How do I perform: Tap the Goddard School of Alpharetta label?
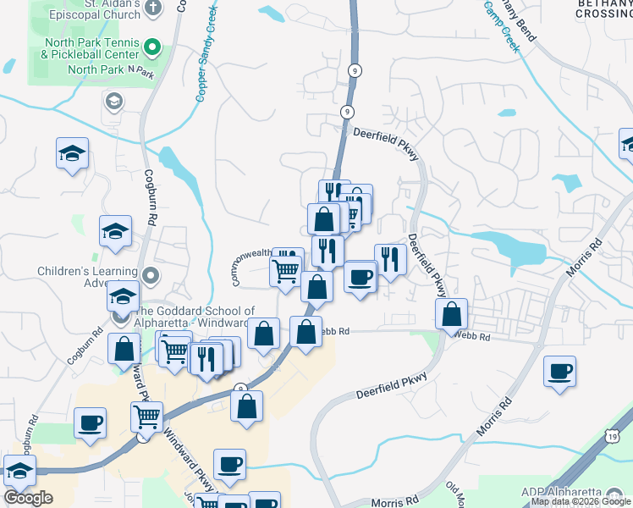(193, 317)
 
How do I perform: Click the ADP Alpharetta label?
(567, 493)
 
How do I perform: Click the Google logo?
(28, 498)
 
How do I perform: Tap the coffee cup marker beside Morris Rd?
(559, 371)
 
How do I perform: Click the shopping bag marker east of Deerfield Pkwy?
(453, 313)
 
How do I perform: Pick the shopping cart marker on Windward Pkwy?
(146, 417)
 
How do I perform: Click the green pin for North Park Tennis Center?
(151, 46)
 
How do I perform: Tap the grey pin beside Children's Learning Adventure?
(151, 276)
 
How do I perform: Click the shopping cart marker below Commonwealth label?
(285, 272)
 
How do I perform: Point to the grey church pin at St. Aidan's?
(152, 7)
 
